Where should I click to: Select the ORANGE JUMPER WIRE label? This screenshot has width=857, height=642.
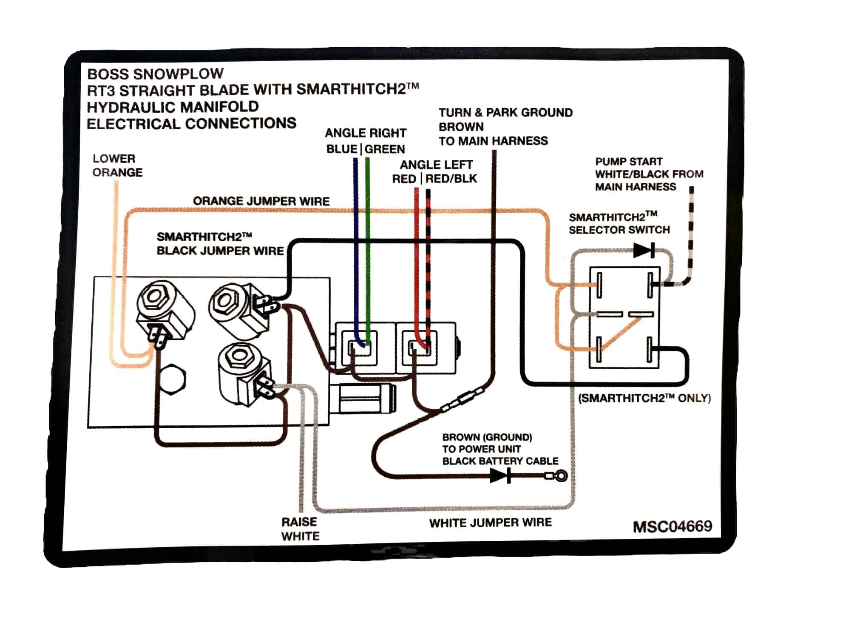coord(261,201)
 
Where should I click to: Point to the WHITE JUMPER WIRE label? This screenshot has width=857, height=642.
coord(490,523)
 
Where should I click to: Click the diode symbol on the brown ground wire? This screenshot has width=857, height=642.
coord(501,475)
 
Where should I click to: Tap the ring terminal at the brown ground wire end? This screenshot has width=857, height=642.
coord(561,475)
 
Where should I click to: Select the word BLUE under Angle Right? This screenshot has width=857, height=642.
coord(341,149)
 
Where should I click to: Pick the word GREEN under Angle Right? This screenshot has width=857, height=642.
coord(385,149)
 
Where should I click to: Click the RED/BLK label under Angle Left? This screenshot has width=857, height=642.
coord(451,179)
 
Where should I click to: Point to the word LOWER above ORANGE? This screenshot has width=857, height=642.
coord(114,158)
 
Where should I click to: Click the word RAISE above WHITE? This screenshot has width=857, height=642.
coord(299,522)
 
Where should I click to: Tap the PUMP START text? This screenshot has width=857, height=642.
coord(629,162)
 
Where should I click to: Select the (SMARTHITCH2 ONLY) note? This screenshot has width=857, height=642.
coord(644,398)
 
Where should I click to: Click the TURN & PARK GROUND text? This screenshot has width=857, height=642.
coord(505,113)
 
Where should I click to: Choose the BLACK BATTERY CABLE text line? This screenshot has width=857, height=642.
coord(500,461)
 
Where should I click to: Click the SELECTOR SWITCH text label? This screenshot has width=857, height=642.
coord(619,230)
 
